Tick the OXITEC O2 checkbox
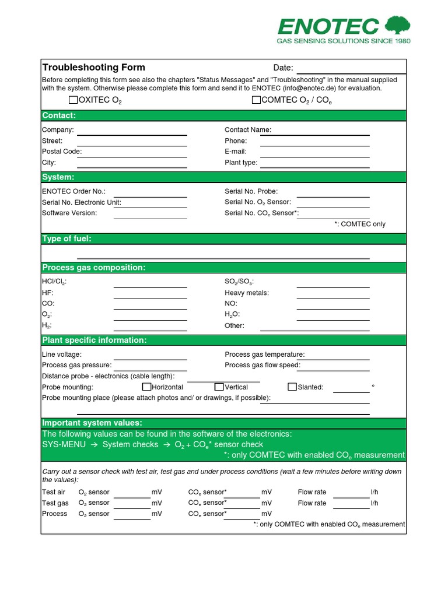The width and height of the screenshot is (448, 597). click(73, 100)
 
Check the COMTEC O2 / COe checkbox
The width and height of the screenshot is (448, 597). click(256, 100)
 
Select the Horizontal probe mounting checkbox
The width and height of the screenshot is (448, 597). click(146, 387)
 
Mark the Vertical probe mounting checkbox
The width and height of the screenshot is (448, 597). click(219, 387)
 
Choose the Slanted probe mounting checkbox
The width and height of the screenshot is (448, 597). click(292, 387)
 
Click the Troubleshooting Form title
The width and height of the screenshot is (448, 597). click(93, 67)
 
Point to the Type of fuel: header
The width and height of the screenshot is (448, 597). click(66, 238)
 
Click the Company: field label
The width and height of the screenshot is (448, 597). click(58, 130)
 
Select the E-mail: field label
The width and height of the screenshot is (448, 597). click(236, 152)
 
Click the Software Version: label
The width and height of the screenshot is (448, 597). click(69, 213)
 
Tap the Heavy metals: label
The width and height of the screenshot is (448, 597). click(247, 293)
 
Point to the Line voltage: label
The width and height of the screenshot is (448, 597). click(62, 354)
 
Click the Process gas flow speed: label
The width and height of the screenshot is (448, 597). click(262, 365)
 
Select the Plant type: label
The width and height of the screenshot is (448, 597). click(241, 163)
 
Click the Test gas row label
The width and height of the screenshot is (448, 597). click(55, 503)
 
